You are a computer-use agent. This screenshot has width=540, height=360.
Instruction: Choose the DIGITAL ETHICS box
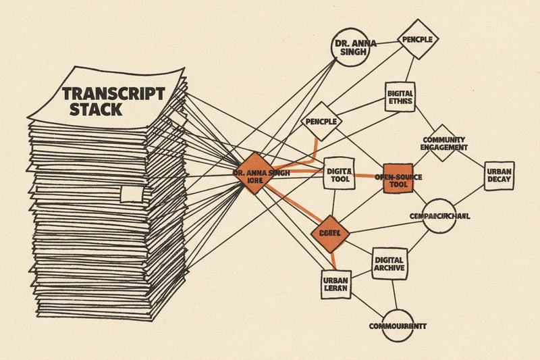coord(401,97)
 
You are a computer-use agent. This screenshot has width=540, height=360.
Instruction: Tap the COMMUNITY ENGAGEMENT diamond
coord(443,143)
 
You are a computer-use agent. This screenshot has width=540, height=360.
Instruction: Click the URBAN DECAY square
coord(500,176)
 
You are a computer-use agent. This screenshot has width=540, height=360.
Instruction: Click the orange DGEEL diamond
coord(330,233)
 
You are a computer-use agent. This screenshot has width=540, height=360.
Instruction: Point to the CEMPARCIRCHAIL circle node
coord(439,215)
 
